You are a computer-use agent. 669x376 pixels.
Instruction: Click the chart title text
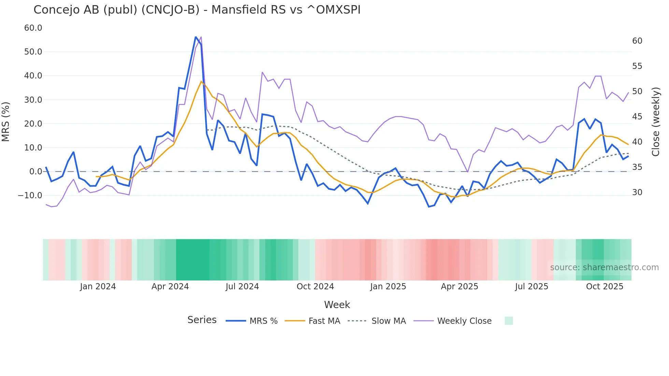coord(197,10)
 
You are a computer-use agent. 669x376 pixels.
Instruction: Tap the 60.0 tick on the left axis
coord(33,28)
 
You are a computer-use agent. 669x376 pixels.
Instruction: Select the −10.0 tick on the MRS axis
coord(30,196)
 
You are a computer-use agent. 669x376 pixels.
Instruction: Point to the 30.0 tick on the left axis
coord(33,100)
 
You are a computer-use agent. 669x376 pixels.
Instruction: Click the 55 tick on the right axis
coord(637,66)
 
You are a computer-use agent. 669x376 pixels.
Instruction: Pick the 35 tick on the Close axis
coord(637,167)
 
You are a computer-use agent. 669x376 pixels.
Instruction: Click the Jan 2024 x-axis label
coord(98,287)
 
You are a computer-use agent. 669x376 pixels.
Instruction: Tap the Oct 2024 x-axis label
coord(315,287)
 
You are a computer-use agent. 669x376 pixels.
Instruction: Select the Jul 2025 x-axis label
coord(531,287)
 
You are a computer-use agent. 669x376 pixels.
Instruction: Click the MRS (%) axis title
coord(6,121)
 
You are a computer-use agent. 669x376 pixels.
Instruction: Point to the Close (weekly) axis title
coord(655,122)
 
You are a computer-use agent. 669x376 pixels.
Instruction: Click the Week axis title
coord(337,305)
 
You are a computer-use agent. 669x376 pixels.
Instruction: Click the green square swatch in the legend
coord(509,321)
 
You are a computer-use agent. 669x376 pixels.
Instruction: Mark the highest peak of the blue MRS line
coord(196,37)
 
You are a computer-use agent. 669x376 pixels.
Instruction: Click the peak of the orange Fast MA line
coord(201,81)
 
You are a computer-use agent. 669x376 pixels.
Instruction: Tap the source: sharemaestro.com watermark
coord(604,267)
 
